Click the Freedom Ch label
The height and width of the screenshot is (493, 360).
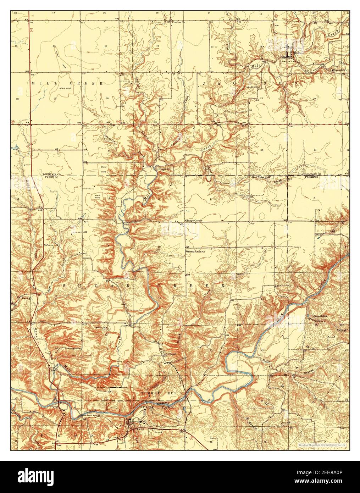179,22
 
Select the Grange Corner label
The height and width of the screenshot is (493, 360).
193,221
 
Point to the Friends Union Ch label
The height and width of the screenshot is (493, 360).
198,251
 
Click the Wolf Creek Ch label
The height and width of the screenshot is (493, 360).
261,177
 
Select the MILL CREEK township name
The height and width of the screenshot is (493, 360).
67,83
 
